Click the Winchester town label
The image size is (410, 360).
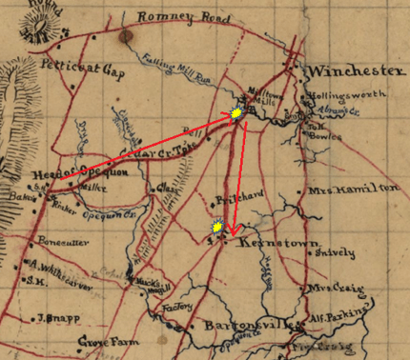[352, 73]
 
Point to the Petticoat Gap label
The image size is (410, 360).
[64, 68]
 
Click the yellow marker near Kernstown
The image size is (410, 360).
[218, 227]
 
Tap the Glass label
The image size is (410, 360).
[167, 187]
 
